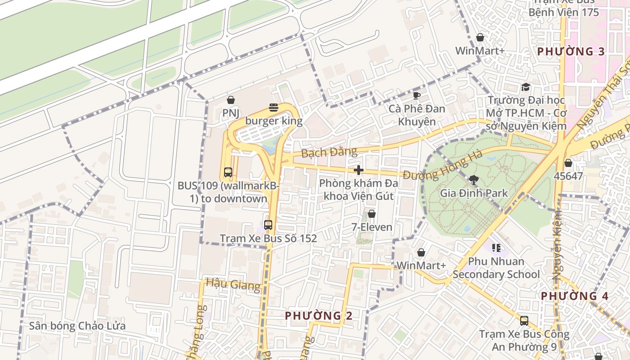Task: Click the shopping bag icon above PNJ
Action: click(x=231, y=100)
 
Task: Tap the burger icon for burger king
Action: click(x=274, y=108)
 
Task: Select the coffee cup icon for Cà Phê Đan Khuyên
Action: click(x=417, y=95)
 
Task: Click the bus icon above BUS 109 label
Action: click(x=228, y=172)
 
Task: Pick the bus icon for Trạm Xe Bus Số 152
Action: click(x=268, y=225)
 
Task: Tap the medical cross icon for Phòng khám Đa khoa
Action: click(x=359, y=170)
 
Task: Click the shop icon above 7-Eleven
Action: click(x=372, y=214)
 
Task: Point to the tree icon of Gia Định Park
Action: click(x=473, y=180)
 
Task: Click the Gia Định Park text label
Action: click(x=474, y=193)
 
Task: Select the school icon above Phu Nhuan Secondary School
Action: click(x=496, y=247)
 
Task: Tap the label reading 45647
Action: click(x=568, y=176)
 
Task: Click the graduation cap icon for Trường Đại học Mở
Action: click(x=525, y=87)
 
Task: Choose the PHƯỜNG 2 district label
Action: click(x=319, y=316)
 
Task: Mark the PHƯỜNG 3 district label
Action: click(x=571, y=51)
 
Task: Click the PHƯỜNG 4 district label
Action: click(x=575, y=296)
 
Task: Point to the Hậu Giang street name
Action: click(x=233, y=284)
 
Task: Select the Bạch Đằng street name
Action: click(x=329, y=152)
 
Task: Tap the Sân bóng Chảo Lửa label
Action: click(x=77, y=326)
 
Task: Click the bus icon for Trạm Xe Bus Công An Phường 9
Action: click(x=524, y=321)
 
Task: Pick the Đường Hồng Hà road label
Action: click(x=443, y=165)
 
